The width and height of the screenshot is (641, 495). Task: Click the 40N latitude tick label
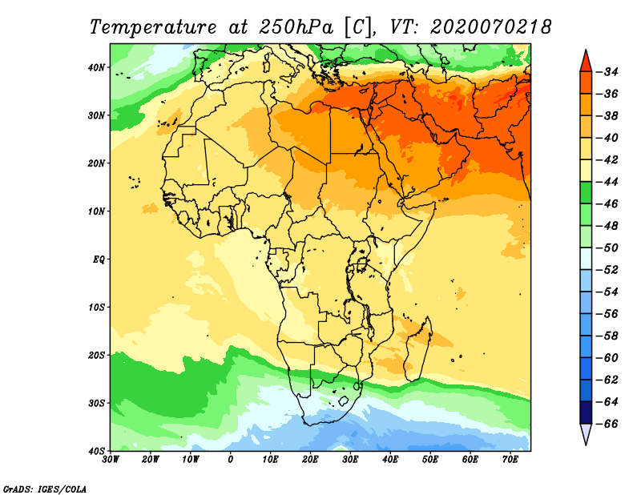[x=95, y=67]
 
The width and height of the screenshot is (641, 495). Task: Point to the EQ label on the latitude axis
[x=98, y=260]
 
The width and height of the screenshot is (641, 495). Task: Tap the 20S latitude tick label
[x=95, y=355]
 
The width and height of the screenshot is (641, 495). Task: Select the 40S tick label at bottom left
[x=95, y=450]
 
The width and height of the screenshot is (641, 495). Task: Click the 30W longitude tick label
[x=111, y=460]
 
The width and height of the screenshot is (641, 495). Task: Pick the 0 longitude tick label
[x=231, y=460]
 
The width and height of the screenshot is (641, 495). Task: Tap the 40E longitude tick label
[x=390, y=460]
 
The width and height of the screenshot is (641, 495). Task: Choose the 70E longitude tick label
[x=510, y=460]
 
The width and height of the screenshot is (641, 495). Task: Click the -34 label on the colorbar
[x=610, y=72]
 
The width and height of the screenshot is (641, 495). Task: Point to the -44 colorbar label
[x=610, y=181]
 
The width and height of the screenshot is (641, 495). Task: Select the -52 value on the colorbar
[x=610, y=270]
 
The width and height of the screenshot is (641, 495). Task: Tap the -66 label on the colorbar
[x=610, y=423]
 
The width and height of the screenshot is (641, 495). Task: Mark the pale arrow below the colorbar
[x=586, y=434]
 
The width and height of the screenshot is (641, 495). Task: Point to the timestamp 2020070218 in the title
[x=490, y=27]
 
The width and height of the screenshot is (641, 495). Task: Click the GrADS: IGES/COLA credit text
[x=45, y=488]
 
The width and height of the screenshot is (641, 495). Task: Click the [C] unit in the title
[x=358, y=27]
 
